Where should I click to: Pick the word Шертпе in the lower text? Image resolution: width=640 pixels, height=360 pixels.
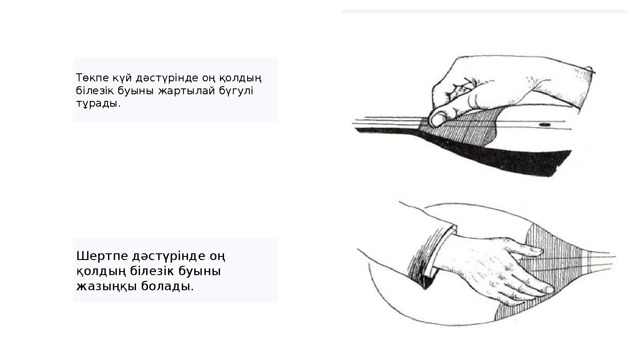click(x=103, y=256)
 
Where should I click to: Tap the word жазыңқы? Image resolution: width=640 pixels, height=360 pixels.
click(x=107, y=286)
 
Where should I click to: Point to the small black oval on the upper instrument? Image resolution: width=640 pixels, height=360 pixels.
click(x=544, y=125)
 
